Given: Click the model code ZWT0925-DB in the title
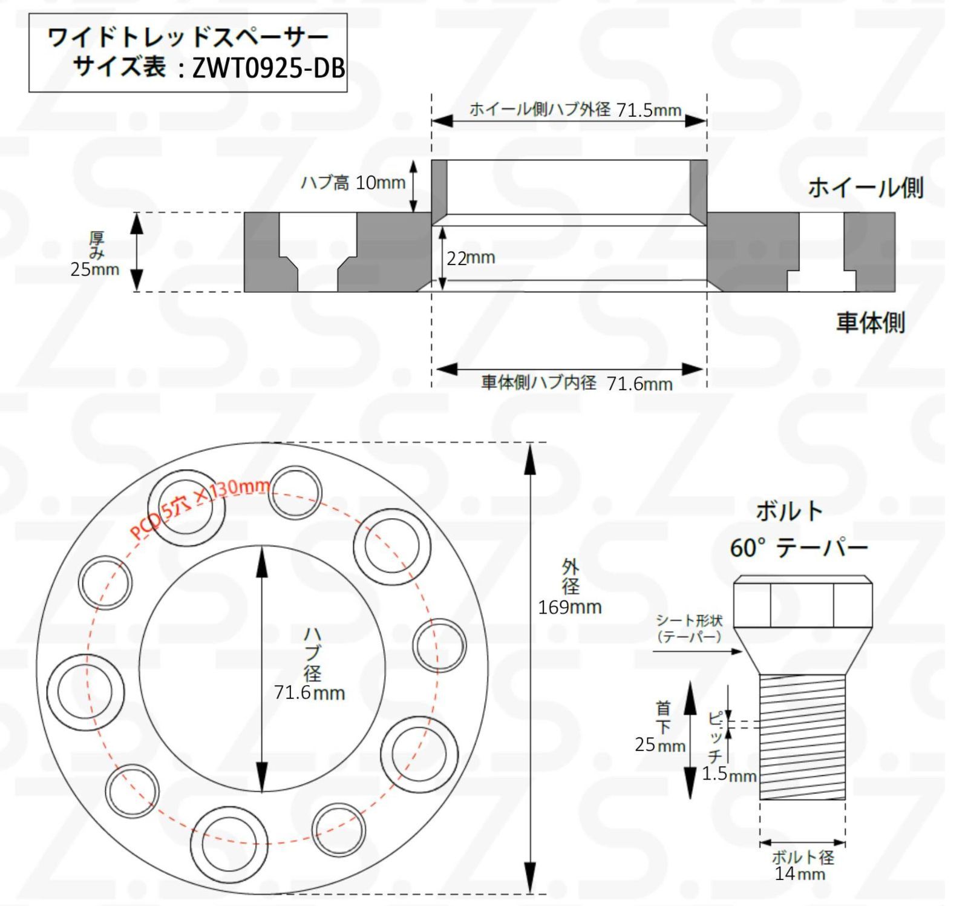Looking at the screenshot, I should (x=268, y=68).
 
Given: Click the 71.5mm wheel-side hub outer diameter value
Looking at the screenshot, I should (x=648, y=110).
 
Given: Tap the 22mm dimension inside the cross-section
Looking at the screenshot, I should (x=471, y=258).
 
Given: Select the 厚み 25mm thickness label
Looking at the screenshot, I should (x=95, y=255).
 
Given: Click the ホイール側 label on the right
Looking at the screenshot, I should (x=865, y=188).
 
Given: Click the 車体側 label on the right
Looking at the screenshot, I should (x=870, y=323).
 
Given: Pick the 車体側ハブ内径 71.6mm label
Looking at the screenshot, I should (x=576, y=383).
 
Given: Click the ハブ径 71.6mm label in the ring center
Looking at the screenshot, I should (x=310, y=666).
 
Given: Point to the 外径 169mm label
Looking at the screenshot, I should (x=569, y=587).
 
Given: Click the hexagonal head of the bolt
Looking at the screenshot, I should (x=802, y=603).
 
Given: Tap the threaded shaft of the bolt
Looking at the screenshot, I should (x=802, y=737).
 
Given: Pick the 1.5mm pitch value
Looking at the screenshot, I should (x=729, y=774).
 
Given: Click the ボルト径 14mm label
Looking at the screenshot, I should (x=802, y=865).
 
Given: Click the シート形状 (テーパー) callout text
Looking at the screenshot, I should (x=689, y=628).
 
